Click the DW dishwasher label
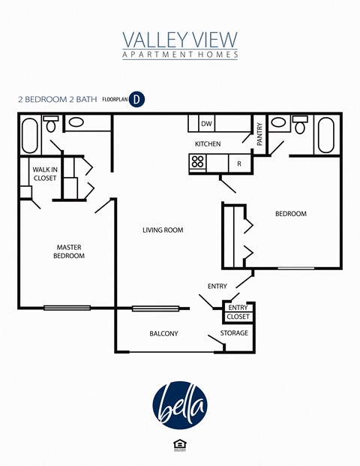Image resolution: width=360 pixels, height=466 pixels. [205, 123]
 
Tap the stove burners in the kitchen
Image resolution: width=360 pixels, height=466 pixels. [198, 162]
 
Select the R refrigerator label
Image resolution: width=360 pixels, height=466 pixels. [238, 163]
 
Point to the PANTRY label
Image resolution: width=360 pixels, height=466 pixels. [259, 134]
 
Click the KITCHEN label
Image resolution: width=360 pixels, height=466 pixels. [208, 143]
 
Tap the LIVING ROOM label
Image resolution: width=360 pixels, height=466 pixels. [163, 230]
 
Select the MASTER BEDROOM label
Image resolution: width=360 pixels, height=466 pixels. [69, 251]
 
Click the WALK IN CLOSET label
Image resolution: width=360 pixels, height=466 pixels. [45, 174]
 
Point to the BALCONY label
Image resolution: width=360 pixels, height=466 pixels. [163, 333]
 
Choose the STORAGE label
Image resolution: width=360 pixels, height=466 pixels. [234, 332]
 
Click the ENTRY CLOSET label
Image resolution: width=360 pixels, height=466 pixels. [238, 312]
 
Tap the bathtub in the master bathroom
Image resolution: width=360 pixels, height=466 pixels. [31, 134]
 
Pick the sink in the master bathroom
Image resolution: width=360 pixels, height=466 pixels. [77, 123]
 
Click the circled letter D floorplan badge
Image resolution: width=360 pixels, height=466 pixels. [136, 98]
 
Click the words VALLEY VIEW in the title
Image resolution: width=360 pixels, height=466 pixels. [180, 39]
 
